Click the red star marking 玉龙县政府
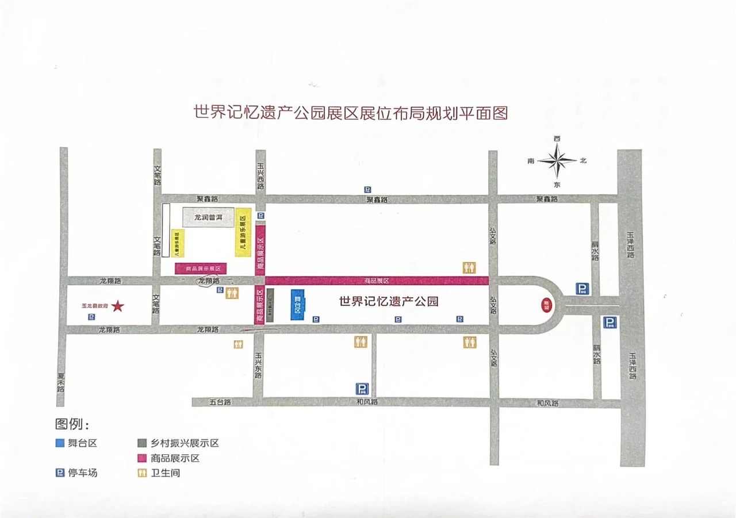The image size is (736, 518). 118,306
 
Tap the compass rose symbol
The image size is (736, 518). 557,161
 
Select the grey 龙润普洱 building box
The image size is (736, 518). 208,217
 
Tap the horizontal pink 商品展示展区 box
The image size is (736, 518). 201,268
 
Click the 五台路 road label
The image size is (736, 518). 220,402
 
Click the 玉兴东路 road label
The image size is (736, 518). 258,366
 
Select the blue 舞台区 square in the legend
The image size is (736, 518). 59,443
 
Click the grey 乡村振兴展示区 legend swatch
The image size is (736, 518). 141,443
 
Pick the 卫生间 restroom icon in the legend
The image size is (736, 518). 141,473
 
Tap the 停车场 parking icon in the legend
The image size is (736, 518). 59,473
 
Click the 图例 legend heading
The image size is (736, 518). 72,424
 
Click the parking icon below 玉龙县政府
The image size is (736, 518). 91,317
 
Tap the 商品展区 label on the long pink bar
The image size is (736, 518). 377,281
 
